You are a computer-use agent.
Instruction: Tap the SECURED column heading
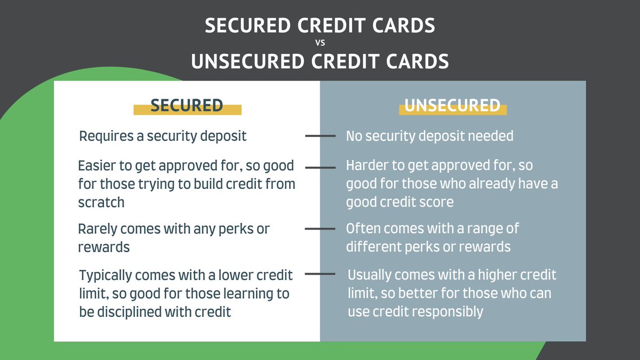tap(187, 106)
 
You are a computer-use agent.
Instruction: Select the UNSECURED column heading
tap(452, 106)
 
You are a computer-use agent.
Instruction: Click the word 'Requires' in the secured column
tap(104, 136)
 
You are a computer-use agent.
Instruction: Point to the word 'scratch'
tap(101, 202)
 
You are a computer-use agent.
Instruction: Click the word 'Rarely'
tap(98, 229)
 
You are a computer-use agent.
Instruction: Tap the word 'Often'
tap(363, 229)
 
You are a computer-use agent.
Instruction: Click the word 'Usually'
tap(371, 275)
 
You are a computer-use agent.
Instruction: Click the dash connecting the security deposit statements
tap(320, 136)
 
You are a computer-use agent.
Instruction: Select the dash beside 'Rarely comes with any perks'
tap(320, 229)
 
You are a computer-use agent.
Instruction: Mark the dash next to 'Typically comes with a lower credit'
tap(320, 275)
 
